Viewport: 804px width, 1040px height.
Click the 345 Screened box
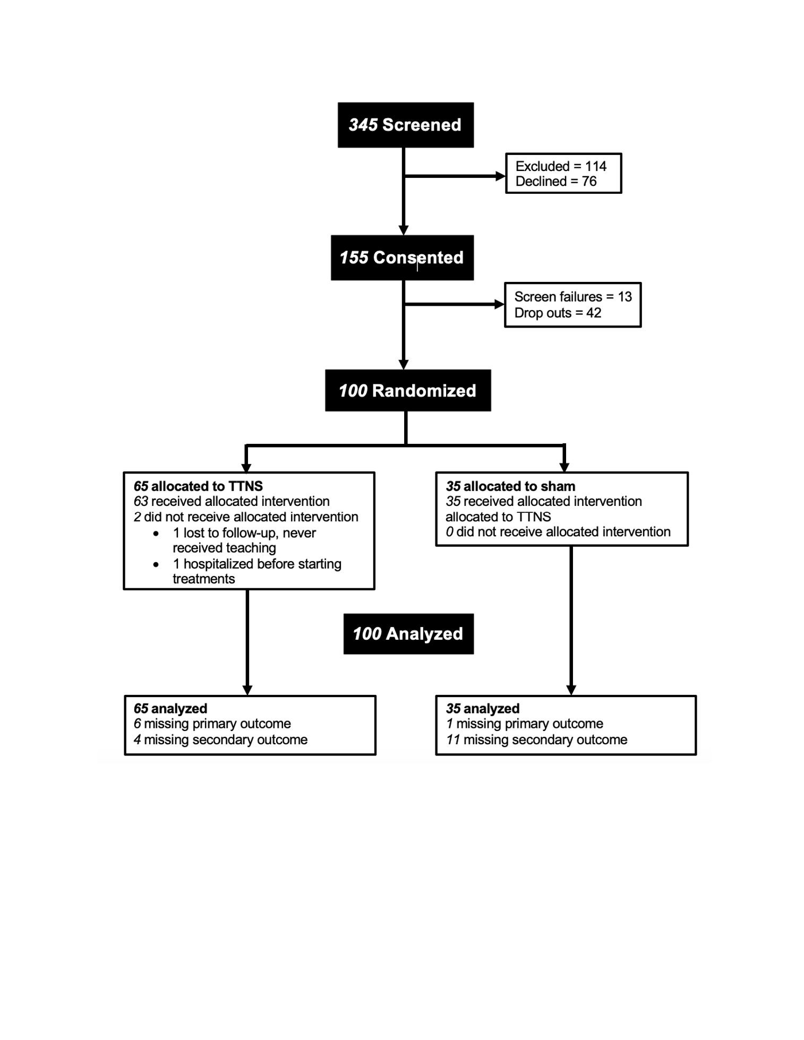click(x=406, y=125)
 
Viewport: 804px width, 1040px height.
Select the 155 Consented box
click(x=402, y=257)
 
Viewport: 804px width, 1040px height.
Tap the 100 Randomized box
click(x=408, y=390)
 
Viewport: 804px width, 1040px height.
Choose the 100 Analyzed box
click(x=408, y=634)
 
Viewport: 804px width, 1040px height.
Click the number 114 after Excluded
click(x=596, y=166)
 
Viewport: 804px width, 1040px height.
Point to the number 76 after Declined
click(x=589, y=181)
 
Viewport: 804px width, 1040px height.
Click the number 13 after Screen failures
click(x=625, y=296)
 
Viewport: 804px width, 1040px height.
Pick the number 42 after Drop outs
click(x=594, y=313)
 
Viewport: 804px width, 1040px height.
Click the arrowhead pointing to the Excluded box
click(x=500, y=176)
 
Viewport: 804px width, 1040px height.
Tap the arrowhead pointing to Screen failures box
click(x=499, y=304)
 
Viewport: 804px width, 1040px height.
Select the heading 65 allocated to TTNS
click(x=198, y=486)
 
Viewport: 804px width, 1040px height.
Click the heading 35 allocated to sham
click(x=510, y=486)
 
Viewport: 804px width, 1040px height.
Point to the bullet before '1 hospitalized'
click(x=156, y=564)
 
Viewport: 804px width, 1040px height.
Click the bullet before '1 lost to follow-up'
click(x=156, y=534)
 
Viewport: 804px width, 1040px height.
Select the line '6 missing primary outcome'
click(x=212, y=724)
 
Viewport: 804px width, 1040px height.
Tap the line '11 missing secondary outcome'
click(x=536, y=740)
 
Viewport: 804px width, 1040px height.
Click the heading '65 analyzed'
click(x=170, y=708)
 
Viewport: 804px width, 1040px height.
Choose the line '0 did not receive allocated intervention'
click(x=558, y=532)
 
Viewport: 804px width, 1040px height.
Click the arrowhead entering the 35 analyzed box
click(x=571, y=690)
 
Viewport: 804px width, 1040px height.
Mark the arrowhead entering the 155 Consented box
click(x=404, y=230)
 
